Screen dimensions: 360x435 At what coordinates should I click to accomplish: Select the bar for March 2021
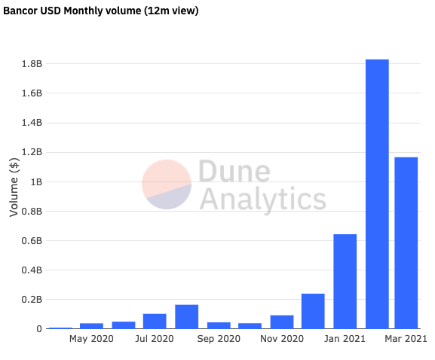pyautogui.click(x=406, y=243)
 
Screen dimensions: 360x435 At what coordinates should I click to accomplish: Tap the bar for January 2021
pyautogui.click(x=345, y=282)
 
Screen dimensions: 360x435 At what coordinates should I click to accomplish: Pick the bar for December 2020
pyautogui.click(x=313, y=311)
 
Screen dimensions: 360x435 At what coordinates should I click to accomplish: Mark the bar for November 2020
pyautogui.click(x=281, y=322)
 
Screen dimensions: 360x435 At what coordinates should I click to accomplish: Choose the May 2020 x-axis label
pyautogui.click(x=91, y=340)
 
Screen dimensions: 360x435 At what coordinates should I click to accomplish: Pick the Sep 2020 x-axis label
pyautogui.click(x=219, y=340)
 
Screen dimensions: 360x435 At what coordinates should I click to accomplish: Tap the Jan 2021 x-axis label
pyautogui.click(x=345, y=340)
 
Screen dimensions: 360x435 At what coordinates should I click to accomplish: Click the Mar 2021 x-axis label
pyautogui.click(x=406, y=340)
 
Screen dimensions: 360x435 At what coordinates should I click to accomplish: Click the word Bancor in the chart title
pyautogui.click(x=21, y=11)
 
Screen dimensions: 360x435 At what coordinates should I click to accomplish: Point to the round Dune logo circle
pyautogui.click(x=167, y=185)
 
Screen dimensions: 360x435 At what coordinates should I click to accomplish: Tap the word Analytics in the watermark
pyautogui.click(x=262, y=200)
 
